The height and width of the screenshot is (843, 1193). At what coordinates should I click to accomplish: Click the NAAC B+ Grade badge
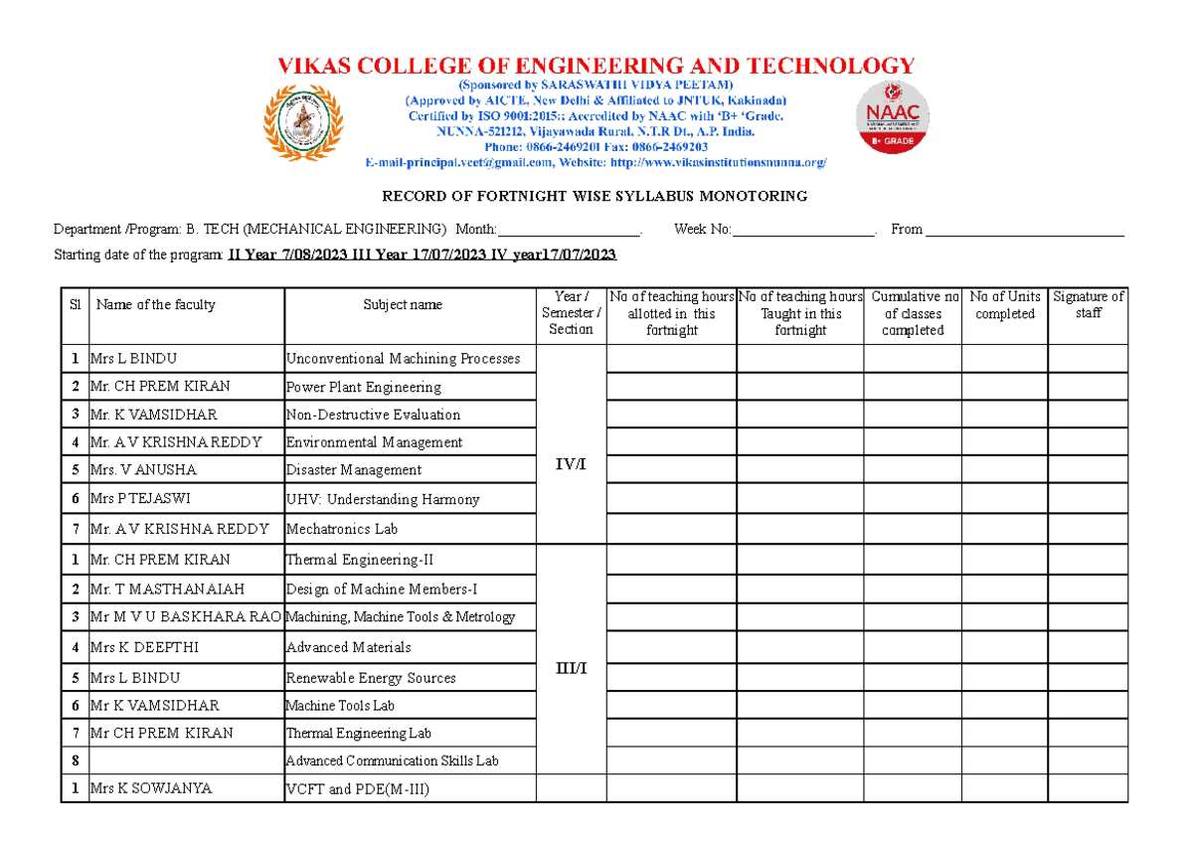click(x=893, y=116)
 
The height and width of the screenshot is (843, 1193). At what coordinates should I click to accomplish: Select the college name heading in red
click(x=596, y=67)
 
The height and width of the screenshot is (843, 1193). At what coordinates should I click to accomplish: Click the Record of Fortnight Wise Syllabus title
click(x=596, y=196)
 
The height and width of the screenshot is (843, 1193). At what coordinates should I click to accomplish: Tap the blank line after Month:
click(x=568, y=231)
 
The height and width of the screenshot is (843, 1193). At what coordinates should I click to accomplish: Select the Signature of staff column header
click(x=1088, y=305)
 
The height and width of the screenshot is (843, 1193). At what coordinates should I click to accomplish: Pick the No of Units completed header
click(x=1004, y=305)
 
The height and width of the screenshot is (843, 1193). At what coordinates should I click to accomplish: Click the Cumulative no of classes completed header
click(x=912, y=313)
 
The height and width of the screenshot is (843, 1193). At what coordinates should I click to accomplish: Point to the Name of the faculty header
click(x=155, y=305)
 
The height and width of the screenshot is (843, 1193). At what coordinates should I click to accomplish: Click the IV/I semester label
click(x=571, y=464)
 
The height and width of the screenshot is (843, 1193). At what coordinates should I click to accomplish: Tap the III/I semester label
click(x=571, y=668)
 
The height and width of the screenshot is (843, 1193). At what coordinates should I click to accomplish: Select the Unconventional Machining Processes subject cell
click(x=403, y=359)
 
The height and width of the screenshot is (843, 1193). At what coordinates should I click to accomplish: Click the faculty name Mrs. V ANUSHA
click(x=144, y=470)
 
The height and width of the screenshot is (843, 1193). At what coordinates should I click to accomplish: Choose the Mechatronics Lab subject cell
click(x=342, y=530)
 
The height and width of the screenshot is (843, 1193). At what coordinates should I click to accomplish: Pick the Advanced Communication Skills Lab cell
click(x=392, y=761)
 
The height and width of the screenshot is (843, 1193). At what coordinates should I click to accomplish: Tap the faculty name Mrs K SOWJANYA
click(x=151, y=789)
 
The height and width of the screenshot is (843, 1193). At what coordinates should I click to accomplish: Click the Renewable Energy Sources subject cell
click(x=371, y=678)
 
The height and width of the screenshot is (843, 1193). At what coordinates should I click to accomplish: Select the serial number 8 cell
click(x=75, y=761)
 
